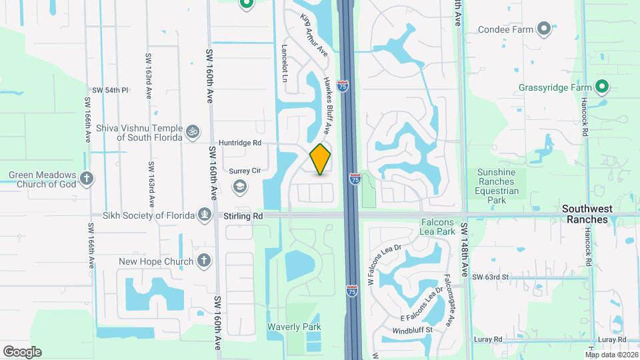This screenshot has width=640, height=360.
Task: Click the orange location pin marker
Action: [x=320, y=159]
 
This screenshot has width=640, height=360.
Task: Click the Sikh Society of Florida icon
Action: [x=205, y=215]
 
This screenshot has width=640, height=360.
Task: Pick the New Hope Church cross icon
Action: [x=204, y=261]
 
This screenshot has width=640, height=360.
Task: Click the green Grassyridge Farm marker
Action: [x=601, y=87]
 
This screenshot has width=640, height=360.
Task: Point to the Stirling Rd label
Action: [x=244, y=216]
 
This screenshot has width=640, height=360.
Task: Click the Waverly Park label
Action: [x=294, y=327]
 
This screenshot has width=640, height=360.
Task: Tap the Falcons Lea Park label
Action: [x=438, y=226]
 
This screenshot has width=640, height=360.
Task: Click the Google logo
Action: [x=22, y=352]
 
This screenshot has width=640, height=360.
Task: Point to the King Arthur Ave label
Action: [x=314, y=35]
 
